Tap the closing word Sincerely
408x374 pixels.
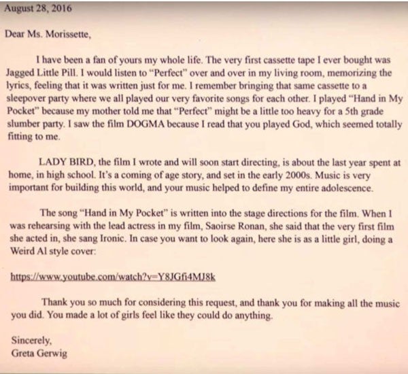[32, 339]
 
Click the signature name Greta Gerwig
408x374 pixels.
[39, 352]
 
